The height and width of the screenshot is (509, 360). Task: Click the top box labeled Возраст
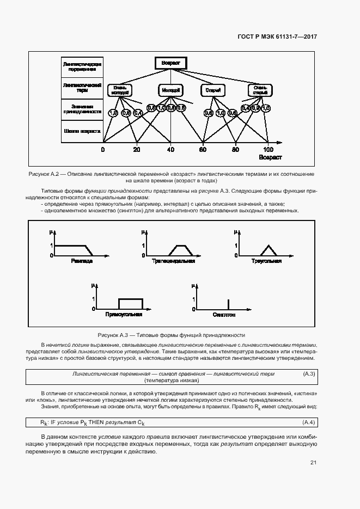pos(170,63)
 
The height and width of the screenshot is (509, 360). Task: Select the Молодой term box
pos(170,89)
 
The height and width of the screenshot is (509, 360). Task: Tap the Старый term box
pos(210,89)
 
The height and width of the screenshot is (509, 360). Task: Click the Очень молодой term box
pos(120,90)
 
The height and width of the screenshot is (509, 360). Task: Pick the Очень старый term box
pos(260,90)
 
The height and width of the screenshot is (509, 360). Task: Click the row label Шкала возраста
pos(82,131)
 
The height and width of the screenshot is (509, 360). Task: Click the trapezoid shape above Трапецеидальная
pos(180,250)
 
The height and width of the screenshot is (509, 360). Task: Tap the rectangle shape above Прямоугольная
pos(131,304)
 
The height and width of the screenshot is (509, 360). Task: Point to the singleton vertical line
pos(228,304)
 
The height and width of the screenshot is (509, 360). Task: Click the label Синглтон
pos(224,315)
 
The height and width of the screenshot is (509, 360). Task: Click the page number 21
pos(313,463)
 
